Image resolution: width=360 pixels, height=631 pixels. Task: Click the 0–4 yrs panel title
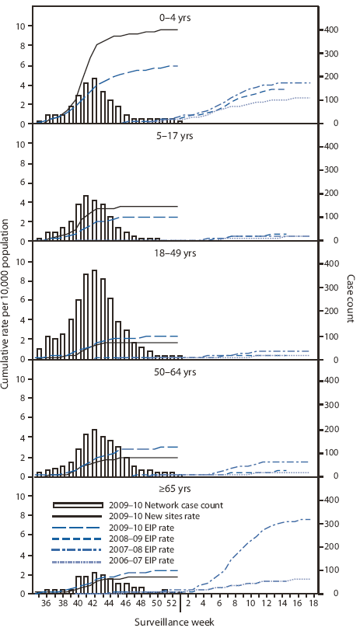tap(178, 13)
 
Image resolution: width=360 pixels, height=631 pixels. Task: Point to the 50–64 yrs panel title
tap(178, 371)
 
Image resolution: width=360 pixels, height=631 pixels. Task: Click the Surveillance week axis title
tap(178, 622)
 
